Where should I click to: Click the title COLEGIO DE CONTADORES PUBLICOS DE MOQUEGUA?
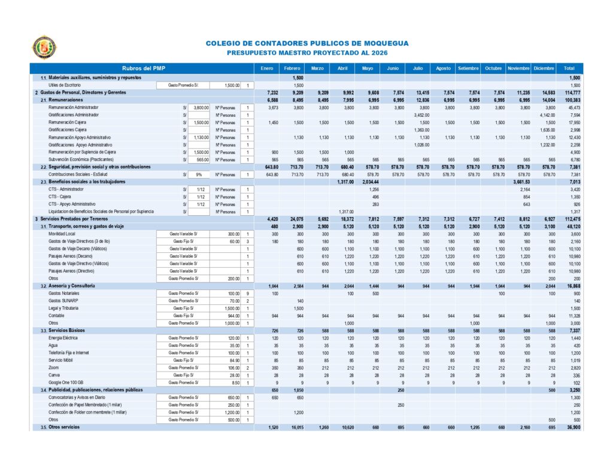(x=307, y=43)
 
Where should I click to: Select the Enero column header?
(x=267, y=68)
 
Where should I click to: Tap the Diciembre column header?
(x=544, y=68)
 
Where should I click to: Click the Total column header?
(x=569, y=68)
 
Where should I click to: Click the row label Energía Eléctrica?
(x=63, y=338)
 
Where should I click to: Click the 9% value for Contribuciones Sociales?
(x=198, y=174)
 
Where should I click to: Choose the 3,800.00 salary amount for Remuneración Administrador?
(x=201, y=107)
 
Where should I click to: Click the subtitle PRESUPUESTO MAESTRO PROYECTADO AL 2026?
(x=307, y=53)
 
